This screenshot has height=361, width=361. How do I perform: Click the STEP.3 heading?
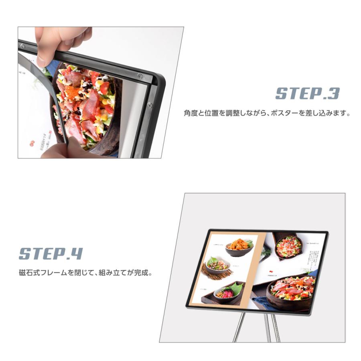click(x=307, y=93)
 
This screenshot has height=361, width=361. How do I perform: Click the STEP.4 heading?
click(x=51, y=254)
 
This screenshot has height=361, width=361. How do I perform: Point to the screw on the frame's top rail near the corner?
click(x=140, y=75)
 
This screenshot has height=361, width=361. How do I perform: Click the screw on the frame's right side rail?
click(x=150, y=105)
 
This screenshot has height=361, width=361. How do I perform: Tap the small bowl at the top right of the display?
click(x=288, y=246)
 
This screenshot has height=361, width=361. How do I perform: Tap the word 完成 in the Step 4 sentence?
click(x=142, y=274)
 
